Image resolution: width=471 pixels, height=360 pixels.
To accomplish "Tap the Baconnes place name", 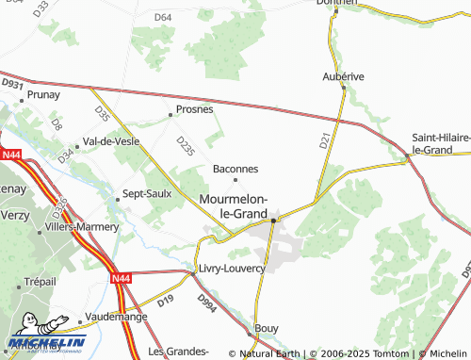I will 235,170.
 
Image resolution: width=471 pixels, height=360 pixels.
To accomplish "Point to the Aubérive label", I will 343,75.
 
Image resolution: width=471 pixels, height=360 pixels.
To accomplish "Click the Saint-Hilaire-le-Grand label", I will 440,143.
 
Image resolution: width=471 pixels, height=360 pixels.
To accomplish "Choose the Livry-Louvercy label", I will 232,269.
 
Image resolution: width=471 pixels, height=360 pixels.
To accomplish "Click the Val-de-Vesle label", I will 111,141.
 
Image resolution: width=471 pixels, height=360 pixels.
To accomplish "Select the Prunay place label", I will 43,94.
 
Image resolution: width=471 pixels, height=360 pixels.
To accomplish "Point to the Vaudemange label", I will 113,317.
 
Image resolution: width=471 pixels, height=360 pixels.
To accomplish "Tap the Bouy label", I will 268,328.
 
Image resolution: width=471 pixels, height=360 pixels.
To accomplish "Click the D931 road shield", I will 11,85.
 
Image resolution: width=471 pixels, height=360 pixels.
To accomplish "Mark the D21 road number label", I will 325,140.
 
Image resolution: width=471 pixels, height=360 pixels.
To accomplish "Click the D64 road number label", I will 163,18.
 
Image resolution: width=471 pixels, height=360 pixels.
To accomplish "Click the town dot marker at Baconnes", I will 235,180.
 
